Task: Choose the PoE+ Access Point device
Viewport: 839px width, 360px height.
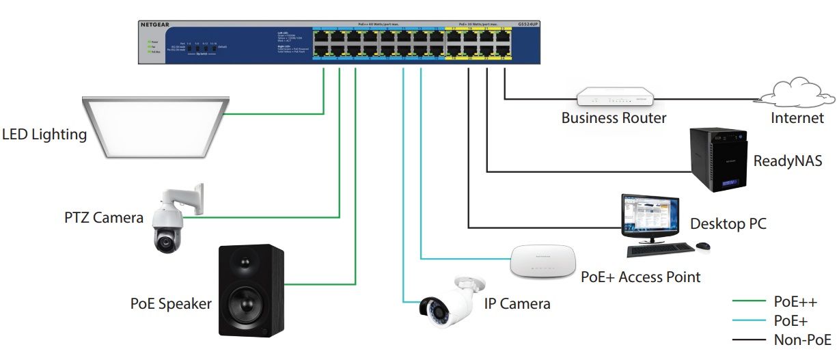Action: click(x=543, y=261)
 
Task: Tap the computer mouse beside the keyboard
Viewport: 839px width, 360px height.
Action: click(x=702, y=246)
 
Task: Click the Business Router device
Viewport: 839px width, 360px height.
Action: click(x=614, y=96)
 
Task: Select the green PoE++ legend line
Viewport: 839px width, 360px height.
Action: click(x=748, y=301)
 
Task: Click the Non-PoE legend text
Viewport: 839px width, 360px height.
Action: click(x=802, y=340)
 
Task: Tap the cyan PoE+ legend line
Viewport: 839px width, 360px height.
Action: click(x=748, y=320)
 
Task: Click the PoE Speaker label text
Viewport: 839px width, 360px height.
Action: click(x=171, y=303)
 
